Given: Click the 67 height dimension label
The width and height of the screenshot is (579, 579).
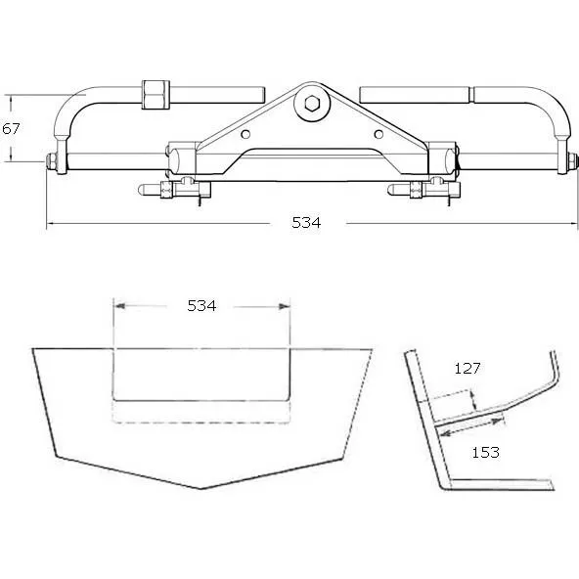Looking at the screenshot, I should [11, 128].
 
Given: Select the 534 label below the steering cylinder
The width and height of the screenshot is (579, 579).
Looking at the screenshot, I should [306, 223].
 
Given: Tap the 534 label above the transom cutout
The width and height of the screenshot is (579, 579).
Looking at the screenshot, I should [201, 306].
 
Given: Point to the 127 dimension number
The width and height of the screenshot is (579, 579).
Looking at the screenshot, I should [468, 369].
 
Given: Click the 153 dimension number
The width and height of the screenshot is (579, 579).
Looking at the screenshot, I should [485, 452].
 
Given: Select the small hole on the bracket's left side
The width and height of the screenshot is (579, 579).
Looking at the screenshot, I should [246, 135].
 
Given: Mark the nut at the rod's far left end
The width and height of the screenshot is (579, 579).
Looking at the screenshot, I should [50, 161].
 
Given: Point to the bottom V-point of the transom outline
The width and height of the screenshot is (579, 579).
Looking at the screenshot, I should [200, 487].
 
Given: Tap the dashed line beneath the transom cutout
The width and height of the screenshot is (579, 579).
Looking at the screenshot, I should [201, 422].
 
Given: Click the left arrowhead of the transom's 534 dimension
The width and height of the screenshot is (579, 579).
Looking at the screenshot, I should [117, 306].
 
